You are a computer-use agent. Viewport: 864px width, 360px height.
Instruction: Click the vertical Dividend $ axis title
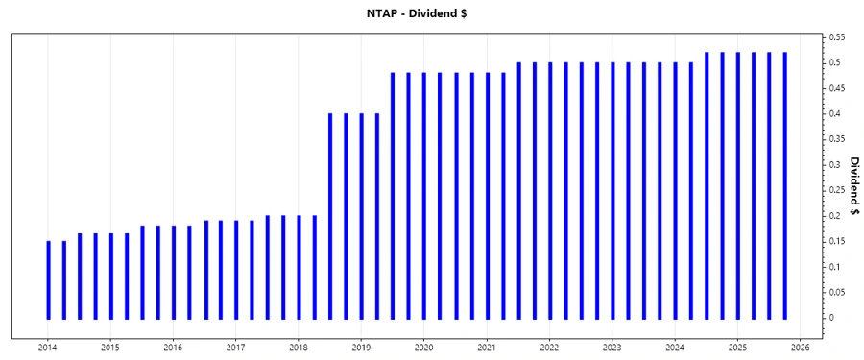click(853, 186)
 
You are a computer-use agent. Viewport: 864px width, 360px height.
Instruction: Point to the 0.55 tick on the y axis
click(837, 36)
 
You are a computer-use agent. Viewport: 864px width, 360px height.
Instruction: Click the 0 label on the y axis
click(831, 318)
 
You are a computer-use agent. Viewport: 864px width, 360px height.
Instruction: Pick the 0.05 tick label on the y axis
click(837, 292)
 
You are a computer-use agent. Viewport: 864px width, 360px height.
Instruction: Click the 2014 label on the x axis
click(47, 348)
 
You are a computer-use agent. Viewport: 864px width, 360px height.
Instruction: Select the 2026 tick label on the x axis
click(801, 348)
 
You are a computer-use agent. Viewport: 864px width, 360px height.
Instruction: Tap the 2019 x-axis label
click(361, 348)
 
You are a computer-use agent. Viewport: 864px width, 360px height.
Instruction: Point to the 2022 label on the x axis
click(549, 348)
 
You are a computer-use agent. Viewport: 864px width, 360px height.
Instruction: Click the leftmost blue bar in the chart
click(49, 279)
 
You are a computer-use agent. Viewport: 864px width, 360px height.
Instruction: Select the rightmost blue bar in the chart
click(784, 185)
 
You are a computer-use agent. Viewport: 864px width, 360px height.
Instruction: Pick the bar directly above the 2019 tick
click(362, 216)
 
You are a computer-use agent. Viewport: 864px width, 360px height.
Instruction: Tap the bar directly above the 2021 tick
click(487, 195)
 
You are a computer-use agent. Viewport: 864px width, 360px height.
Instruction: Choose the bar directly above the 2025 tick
click(737, 185)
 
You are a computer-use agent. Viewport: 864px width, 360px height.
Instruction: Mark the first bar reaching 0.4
click(330, 216)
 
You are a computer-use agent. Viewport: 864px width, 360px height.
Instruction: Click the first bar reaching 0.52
click(707, 185)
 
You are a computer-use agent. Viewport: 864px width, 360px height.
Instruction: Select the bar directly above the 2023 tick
click(612, 190)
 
